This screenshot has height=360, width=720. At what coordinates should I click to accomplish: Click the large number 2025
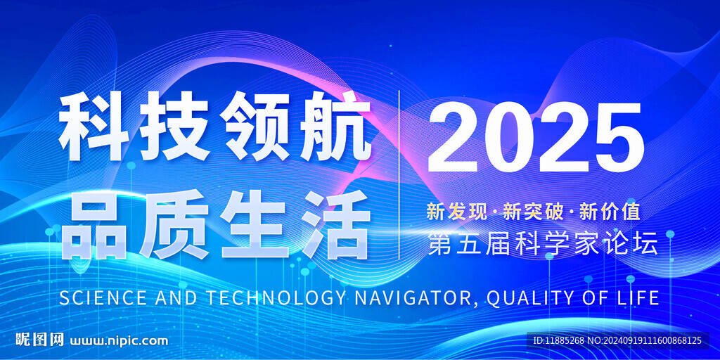[535, 137]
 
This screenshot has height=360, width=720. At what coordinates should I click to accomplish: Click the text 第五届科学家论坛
[542, 243]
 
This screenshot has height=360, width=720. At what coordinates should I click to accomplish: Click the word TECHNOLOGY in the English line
[275, 298]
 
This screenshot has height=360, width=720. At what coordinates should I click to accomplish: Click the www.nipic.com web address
[119, 341]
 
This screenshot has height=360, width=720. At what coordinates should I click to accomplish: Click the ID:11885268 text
[558, 341]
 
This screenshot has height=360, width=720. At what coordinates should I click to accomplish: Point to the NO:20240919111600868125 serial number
[645, 341]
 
